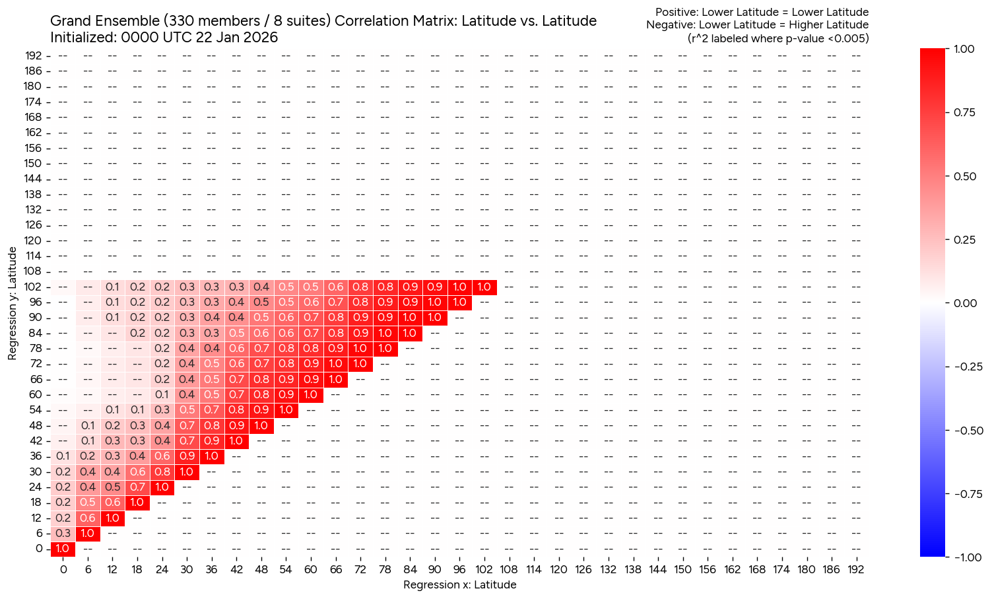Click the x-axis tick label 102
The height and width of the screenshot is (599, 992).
(x=484, y=569)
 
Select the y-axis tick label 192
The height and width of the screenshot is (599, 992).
(x=34, y=55)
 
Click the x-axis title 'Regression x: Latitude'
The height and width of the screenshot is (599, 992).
(x=459, y=585)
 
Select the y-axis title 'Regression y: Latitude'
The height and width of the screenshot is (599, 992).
(x=13, y=304)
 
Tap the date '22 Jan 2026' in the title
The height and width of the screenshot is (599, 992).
(x=241, y=38)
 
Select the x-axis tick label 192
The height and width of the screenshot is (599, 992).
(x=855, y=569)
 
